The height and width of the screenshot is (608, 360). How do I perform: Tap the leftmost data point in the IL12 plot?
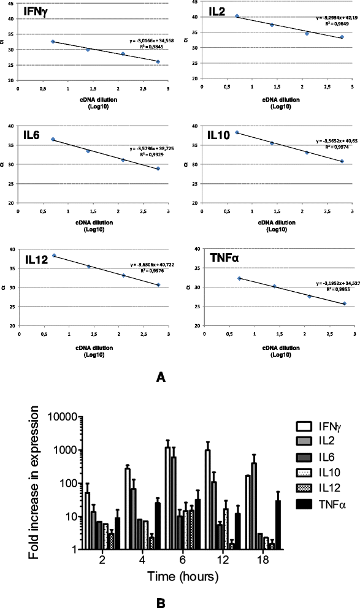click(x=54, y=256)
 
